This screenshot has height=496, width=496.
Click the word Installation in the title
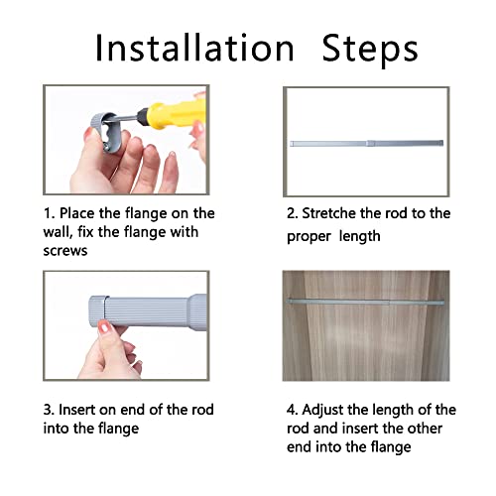pos(194,49)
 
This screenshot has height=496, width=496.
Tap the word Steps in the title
pos(370,50)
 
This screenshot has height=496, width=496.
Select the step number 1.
pos(49,213)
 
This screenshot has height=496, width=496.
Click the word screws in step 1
pos(65,251)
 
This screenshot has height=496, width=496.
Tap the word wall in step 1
pos(58,232)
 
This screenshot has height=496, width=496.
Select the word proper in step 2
pos(309,237)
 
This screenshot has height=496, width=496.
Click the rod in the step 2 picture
pos(366,144)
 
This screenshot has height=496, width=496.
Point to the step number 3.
pos(49,410)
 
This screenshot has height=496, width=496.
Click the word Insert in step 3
pos(77,410)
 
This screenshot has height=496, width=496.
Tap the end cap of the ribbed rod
pos(97,311)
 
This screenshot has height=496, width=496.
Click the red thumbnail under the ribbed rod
pos(105,327)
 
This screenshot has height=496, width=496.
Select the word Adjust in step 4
pos(322,411)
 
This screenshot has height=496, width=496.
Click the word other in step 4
pos(425,429)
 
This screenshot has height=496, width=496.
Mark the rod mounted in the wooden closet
pos(365,302)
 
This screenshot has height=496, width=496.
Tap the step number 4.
pos(293,410)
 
